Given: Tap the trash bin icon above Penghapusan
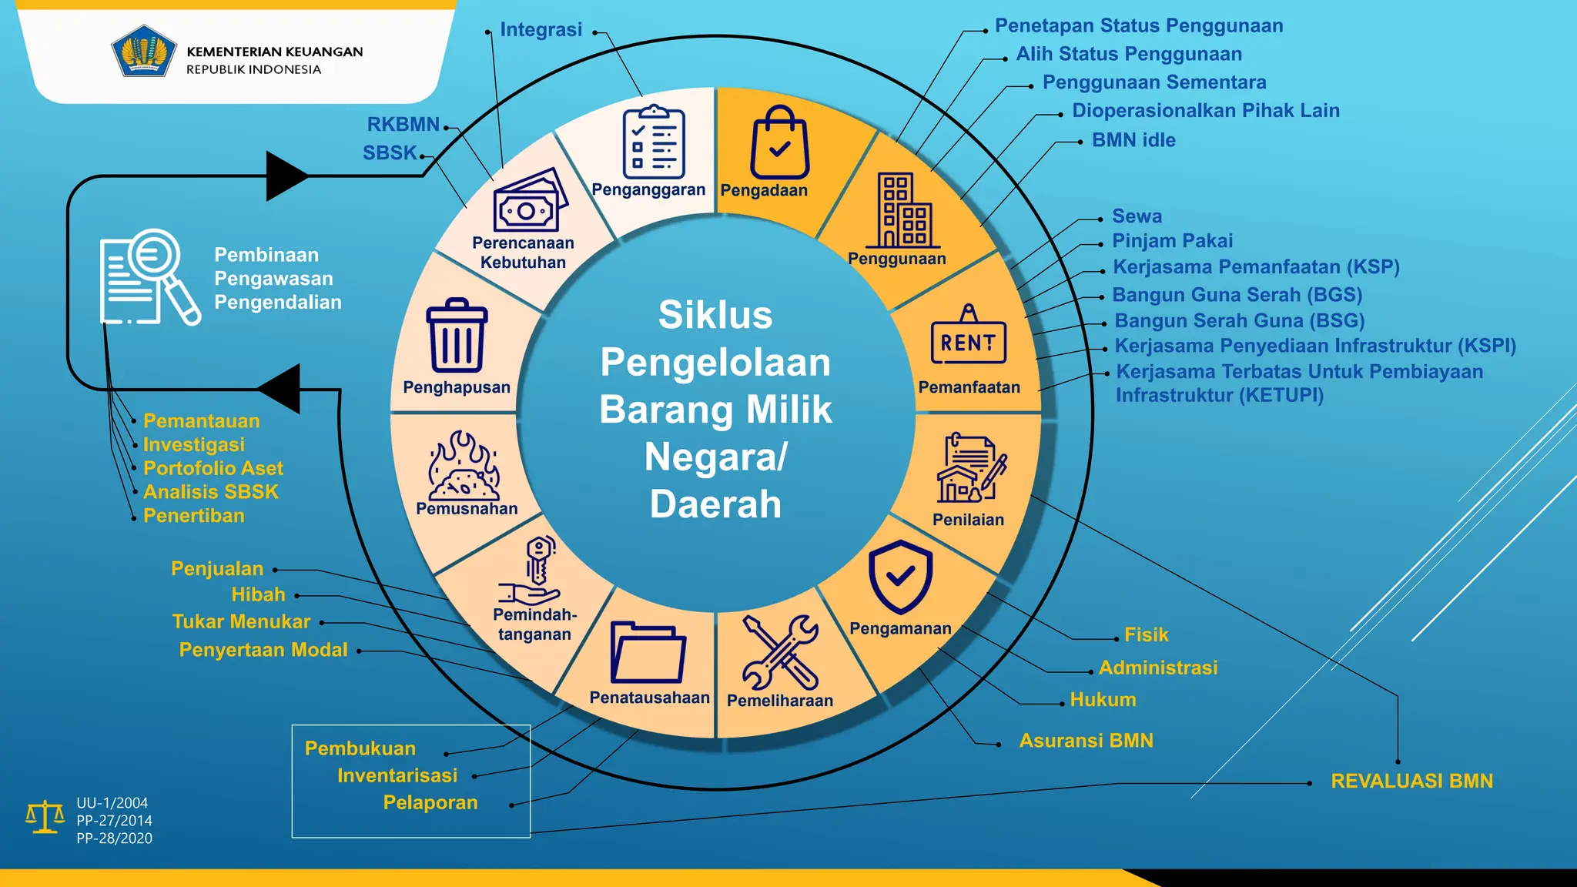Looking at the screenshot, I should [457, 336].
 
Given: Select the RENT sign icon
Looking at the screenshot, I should [968, 336].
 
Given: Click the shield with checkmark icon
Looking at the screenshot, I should [900, 577].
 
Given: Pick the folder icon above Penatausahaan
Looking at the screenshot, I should [648, 652].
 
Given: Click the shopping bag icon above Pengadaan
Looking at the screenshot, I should [779, 142].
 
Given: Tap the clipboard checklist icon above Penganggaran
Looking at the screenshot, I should [653, 142].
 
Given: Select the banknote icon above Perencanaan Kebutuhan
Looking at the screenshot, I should [529, 201].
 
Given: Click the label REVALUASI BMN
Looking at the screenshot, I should [1411, 781].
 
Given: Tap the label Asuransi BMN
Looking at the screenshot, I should [1086, 741].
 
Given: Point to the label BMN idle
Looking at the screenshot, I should [1133, 140].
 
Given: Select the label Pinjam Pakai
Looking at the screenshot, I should [1172, 241].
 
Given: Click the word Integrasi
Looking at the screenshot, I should [541, 29].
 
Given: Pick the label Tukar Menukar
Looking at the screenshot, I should [241, 621].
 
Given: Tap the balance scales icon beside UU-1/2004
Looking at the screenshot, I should [45, 817].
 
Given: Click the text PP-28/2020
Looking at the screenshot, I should [114, 838].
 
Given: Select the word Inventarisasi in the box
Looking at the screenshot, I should [397, 775].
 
